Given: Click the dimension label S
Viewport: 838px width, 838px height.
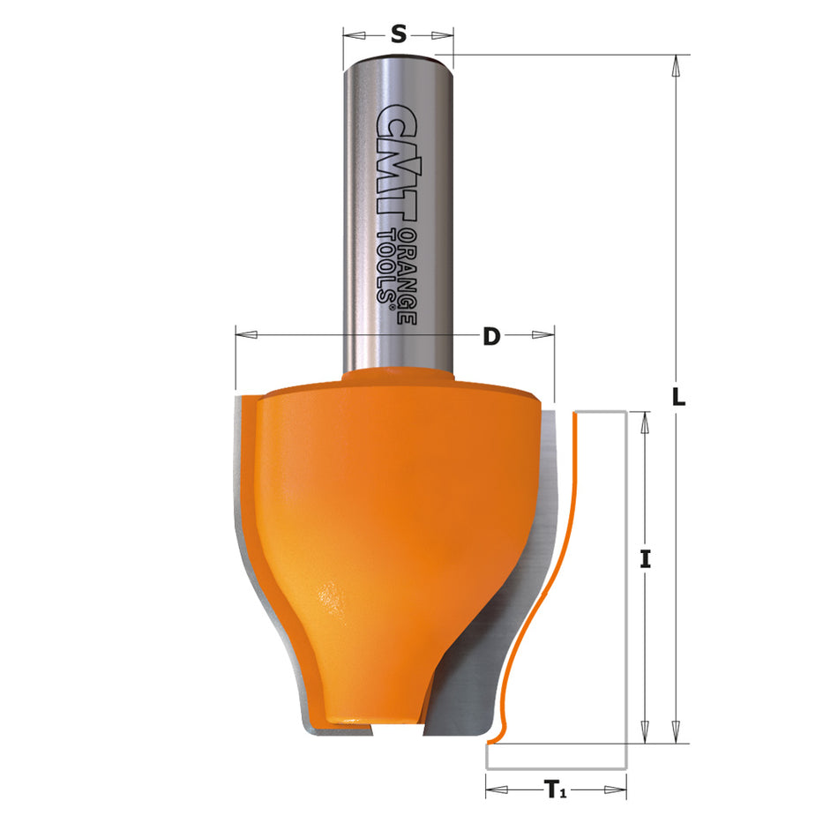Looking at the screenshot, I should (x=398, y=34).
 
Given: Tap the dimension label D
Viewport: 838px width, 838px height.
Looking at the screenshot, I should (x=491, y=336).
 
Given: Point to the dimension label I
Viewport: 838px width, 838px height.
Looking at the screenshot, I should (x=646, y=558).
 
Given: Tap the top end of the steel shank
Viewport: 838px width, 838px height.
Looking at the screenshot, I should (x=398, y=60).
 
